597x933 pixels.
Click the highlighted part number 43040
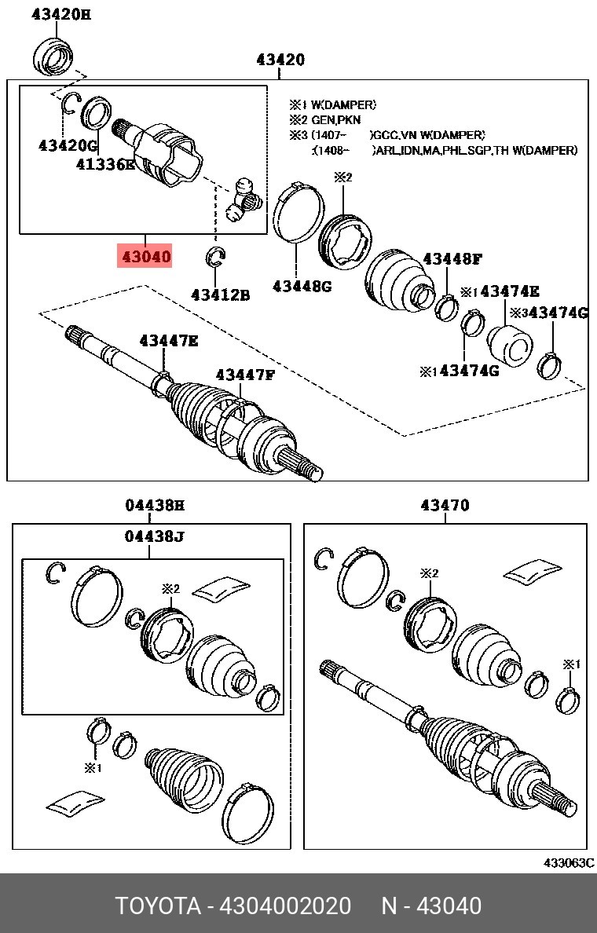(146, 257)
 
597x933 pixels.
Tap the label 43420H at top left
(60, 14)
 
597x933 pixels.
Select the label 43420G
(68, 145)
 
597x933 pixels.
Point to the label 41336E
(105, 164)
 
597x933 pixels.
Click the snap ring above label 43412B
(215, 257)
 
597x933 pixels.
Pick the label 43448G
(302, 286)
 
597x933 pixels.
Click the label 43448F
(452, 259)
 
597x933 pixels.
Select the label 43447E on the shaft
(169, 341)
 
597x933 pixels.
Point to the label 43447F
(245, 375)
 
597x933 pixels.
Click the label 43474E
(510, 291)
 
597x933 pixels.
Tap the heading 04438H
(155, 506)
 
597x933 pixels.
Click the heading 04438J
(154, 536)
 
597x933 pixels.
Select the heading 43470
(445, 505)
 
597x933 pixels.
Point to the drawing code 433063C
(569, 862)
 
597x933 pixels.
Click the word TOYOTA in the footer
(158, 906)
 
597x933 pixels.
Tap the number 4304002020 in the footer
(285, 906)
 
